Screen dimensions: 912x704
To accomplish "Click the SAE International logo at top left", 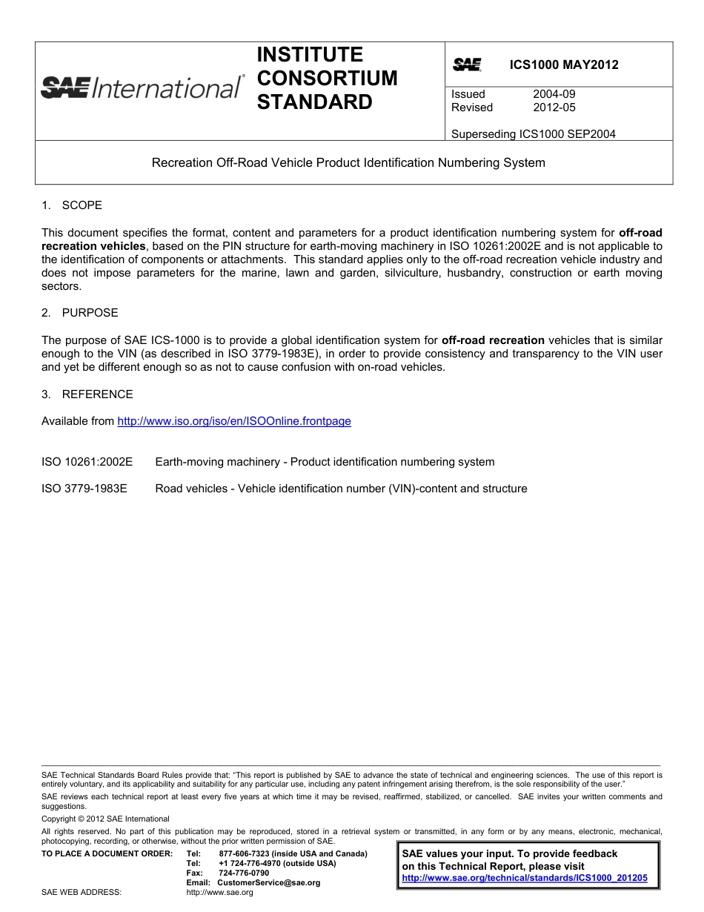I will coord(142,87).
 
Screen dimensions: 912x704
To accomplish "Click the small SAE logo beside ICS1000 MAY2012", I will coord(467,65).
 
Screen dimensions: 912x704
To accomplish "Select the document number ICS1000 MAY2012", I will coord(563,65).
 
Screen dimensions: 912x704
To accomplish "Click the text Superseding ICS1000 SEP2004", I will coord(533,134).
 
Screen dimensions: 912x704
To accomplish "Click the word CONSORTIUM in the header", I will coord(327,79).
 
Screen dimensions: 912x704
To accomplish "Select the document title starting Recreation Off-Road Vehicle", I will coord(348,162).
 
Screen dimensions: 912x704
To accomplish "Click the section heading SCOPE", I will coord(82,205).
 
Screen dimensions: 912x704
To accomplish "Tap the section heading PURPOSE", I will coord(90,313).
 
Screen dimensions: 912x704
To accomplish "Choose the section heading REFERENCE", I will coord(97,394).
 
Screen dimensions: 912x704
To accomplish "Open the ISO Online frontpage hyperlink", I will coord(234,421).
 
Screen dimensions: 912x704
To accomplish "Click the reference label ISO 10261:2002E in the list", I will coord(87,462).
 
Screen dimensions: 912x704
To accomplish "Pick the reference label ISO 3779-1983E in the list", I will coord(84,489).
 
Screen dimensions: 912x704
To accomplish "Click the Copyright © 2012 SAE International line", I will coord(105,819).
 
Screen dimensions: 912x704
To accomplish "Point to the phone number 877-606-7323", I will coord(249,854).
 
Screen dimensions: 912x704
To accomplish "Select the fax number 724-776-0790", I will coord(244,873).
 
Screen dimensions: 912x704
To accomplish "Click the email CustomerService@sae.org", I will coord(268,883).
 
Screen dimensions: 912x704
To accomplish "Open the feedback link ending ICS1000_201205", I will coord(524,878).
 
